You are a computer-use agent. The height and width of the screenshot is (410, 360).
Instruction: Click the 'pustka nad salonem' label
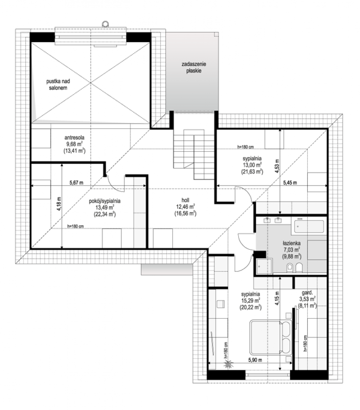click(x=58, y=85)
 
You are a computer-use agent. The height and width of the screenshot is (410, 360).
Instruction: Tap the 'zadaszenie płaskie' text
click(x=194, y=67)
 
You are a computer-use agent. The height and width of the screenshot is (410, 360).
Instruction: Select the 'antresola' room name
click(x=74, y=138)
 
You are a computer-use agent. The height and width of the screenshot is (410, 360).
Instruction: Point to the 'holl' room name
click(x=185, y=200)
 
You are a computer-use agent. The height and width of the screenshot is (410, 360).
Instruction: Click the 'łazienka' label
click(x=292, y=243)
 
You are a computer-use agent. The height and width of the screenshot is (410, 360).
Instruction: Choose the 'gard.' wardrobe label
click(x=307, y=292)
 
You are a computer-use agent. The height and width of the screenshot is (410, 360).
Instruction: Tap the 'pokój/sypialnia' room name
click(x=105, y=201)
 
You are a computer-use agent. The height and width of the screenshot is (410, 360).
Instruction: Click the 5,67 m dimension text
click(x=76, y=182)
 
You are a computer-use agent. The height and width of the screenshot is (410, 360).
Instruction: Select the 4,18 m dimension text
click(x=59, y=204)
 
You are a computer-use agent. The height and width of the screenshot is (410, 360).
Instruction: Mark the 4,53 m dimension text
click(x=277, y=166)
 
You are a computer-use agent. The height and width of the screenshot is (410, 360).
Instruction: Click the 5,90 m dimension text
click(x=255, y=360)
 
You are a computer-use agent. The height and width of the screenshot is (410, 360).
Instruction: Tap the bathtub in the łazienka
click(x=309, y=227)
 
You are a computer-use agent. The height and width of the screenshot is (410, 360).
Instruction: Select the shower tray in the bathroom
click(x=264, y=266)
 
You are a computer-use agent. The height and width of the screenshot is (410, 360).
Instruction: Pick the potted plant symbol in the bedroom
click(x=229, y=364)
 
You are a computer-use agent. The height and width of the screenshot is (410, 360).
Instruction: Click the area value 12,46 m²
click(x=185, y=207)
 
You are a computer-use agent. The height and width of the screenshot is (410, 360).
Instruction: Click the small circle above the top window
click(x=105, y=24)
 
